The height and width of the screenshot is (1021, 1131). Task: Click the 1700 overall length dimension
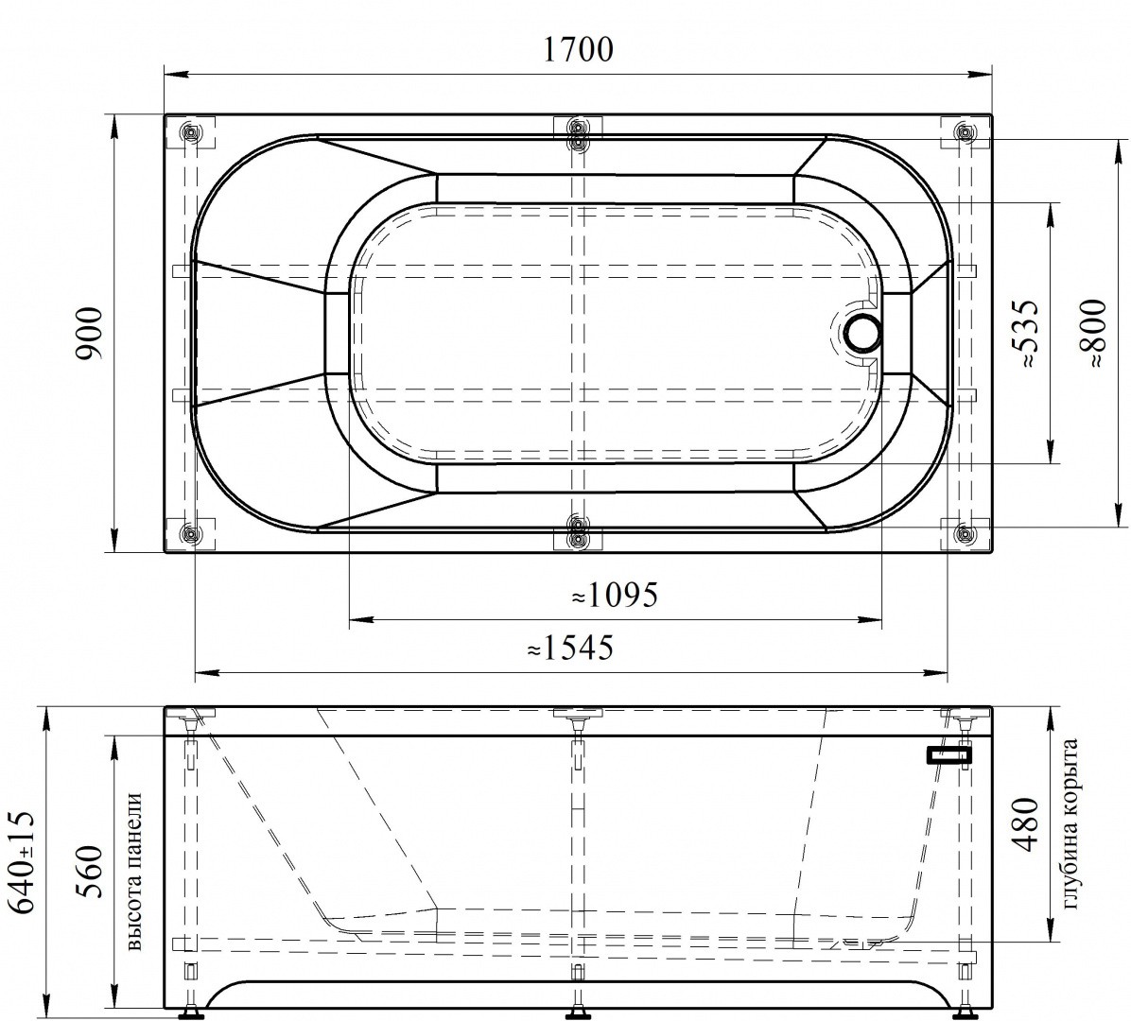(x=578, y=48)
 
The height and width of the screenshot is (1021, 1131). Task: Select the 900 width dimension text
(x=88, y=334)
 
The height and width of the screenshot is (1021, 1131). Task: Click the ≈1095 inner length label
(x=614, y=596)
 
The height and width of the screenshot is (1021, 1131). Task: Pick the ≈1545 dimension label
(x=570, y=649)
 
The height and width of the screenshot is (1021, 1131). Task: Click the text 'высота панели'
(x=134, y=871)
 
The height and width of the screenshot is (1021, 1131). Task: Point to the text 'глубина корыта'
(x=1070, y=824)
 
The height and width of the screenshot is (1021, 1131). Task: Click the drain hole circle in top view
(x=861, y=334)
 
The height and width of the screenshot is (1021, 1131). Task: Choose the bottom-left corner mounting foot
(x=191, y=534)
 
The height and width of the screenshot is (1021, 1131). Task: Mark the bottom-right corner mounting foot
(x=964, y=534)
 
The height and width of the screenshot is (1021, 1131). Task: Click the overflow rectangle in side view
(x=949, y=754)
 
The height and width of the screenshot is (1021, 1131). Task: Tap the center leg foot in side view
(x=577, y=1015)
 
